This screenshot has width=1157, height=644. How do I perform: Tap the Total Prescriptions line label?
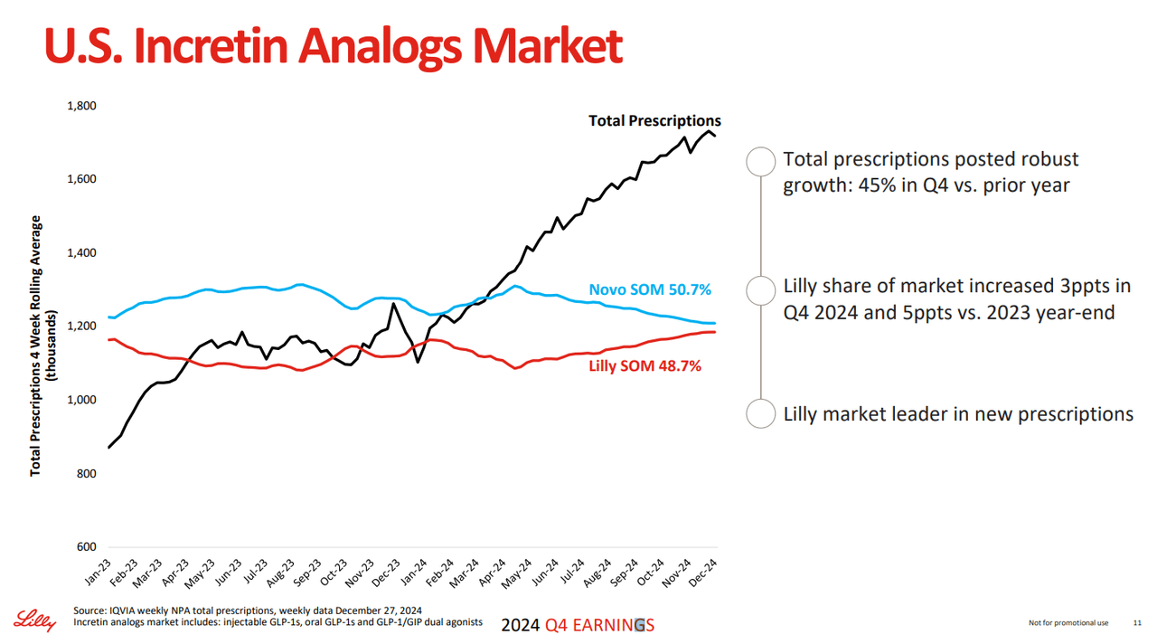654,120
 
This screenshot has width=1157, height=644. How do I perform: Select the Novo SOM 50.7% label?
650,289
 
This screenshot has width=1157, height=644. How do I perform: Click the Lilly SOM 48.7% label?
644,365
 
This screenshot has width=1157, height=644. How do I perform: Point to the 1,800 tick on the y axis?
81,106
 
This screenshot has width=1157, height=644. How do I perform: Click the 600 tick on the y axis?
87,547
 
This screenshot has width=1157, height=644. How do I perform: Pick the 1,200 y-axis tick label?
81,327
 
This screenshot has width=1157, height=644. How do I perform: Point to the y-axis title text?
42,346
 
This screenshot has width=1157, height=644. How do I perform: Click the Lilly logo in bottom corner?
33,620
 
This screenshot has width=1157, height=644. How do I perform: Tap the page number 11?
1137,623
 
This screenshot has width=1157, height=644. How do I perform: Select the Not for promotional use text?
1068,623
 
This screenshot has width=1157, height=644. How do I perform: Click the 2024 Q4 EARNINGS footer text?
578,625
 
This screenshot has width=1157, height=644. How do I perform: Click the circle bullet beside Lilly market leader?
761,413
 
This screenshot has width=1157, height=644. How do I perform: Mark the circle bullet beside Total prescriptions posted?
761,161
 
